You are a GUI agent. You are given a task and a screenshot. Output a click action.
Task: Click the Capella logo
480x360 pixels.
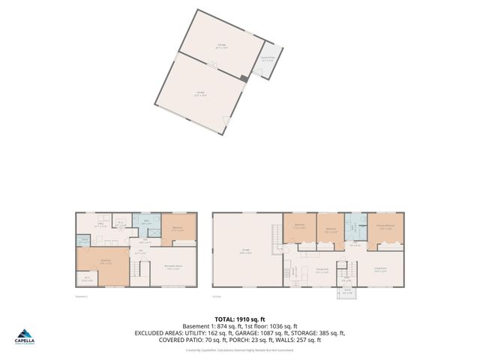(25, 336)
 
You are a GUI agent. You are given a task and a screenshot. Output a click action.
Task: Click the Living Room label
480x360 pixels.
(380, 270)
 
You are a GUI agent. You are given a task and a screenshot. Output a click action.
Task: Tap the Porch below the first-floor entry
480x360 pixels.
(347, 291)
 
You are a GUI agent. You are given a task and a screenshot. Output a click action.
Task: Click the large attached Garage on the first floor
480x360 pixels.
(244, 251)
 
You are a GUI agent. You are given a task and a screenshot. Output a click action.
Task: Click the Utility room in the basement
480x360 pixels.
(100, 224)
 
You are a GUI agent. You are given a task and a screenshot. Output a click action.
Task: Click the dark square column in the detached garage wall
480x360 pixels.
(244, 77)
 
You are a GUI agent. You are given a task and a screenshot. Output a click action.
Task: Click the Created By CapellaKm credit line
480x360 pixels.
(239, 349)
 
